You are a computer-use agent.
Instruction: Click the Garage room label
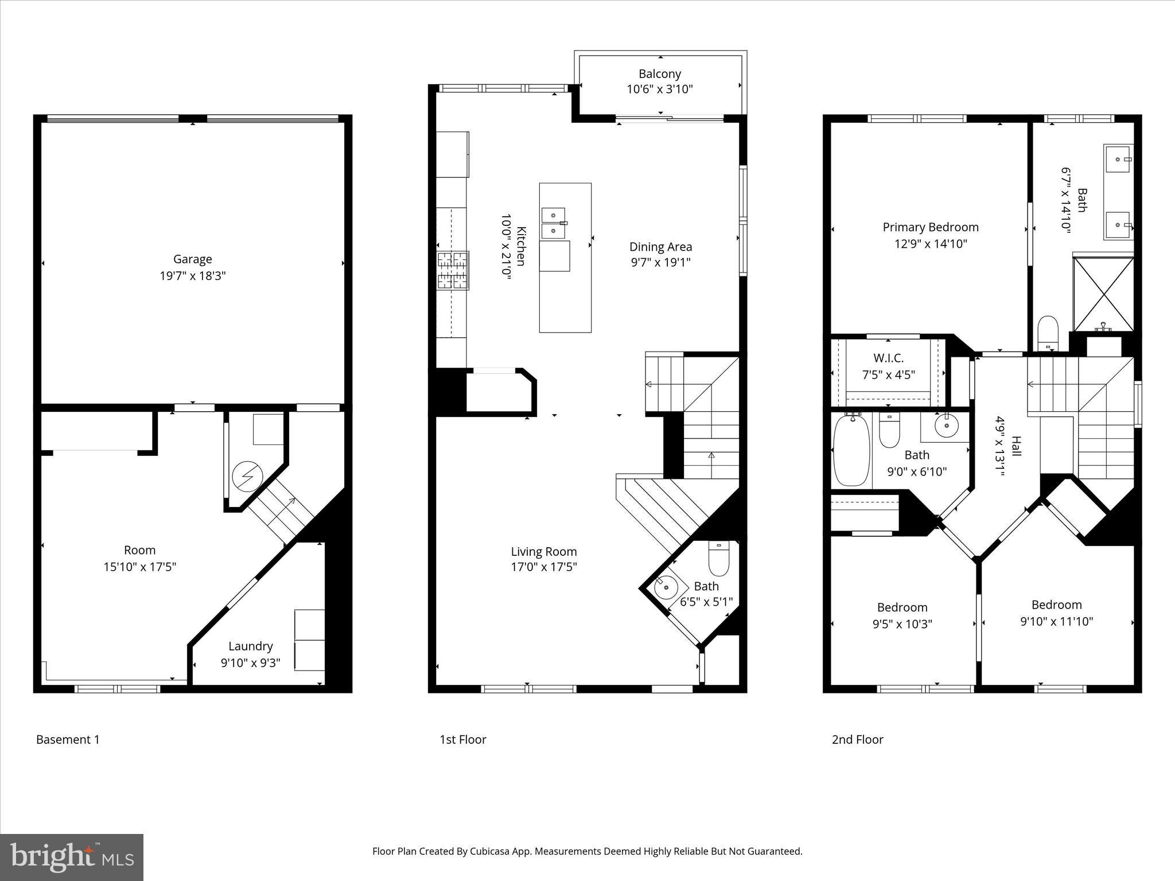tap(193, 259)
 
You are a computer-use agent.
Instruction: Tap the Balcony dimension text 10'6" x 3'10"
tap(660, 89)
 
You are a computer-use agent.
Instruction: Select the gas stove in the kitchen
tap(453, 270)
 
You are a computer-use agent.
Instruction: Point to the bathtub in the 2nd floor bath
tap(851, 450)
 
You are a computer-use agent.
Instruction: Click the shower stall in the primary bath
tap(1103, 294)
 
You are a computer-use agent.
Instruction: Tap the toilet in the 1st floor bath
tap(718, 559)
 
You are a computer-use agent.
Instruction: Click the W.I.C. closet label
tap(888, 358)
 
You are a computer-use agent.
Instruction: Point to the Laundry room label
tap(251, 646)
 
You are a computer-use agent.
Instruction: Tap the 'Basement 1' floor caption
tap(68, 740)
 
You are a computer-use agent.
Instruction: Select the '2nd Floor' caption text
tap(857, 740)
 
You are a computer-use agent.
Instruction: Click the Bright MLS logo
tap(72, 857)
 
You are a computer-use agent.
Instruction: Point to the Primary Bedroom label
tap(931, 227)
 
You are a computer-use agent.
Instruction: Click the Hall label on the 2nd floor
tap(1016, 446)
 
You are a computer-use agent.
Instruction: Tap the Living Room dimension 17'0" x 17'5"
tap(544, 567)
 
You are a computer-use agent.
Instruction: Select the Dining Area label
tap(660, 247)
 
